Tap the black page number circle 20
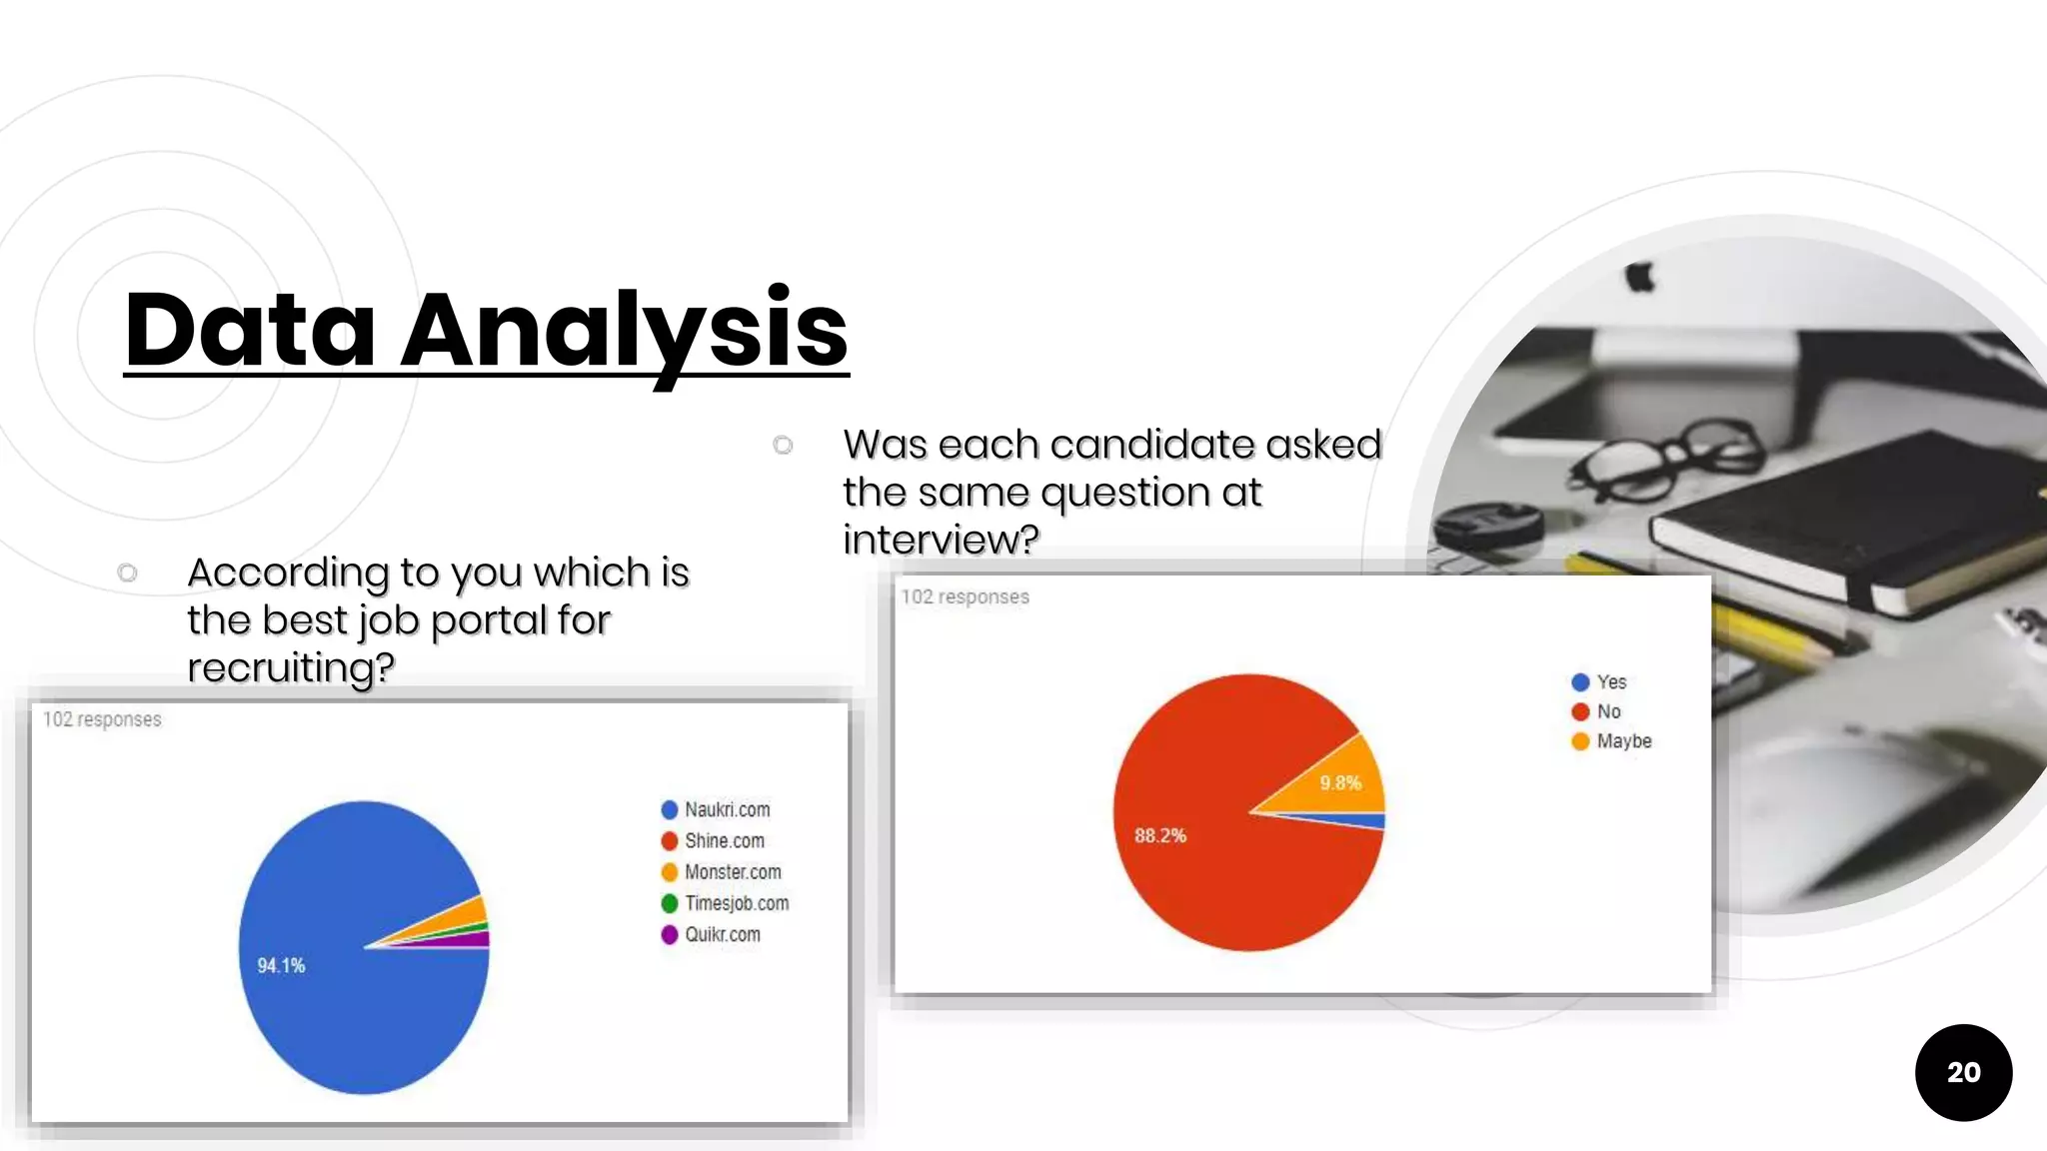[1963, 1072]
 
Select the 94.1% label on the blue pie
[281, 965]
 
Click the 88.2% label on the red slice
[1159, 835]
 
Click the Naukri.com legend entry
[726, 809]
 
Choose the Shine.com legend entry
[723, 840]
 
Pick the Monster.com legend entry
[732, 871]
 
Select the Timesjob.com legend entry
[736, 903]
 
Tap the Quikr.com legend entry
[721, 934]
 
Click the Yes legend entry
[1609, 681]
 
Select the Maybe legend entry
[1622, 740]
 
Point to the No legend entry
[1606, 711]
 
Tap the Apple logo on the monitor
[1639, 277]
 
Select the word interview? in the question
[941, 540]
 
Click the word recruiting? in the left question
[291, 666]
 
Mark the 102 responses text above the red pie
[965, 596]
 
